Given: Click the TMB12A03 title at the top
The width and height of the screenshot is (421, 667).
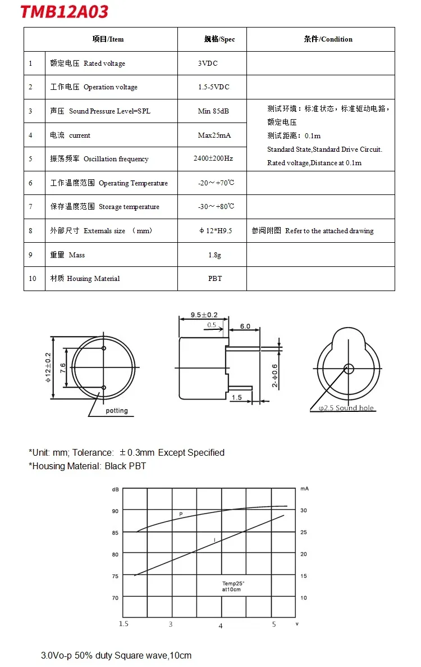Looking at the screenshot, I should click(x=65, y=12).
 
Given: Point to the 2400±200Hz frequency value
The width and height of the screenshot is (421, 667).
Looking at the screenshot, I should click(x=213, y=158).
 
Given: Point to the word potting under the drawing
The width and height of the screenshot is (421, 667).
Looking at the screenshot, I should click(x=117, y=411).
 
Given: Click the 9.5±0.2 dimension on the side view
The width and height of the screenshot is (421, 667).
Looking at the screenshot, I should click(x=204, y=315).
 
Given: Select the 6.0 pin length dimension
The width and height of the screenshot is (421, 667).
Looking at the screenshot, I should click(x=245, y=326).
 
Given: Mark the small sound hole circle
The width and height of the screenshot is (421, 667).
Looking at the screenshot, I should click(x=349, y=369).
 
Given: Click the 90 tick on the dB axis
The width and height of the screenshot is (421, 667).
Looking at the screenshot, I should click(x=115, y=511).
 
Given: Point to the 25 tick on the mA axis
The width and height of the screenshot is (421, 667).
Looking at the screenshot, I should click(x=304, y=532).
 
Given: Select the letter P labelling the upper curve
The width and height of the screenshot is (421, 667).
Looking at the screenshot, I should click(x=181, y=515).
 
